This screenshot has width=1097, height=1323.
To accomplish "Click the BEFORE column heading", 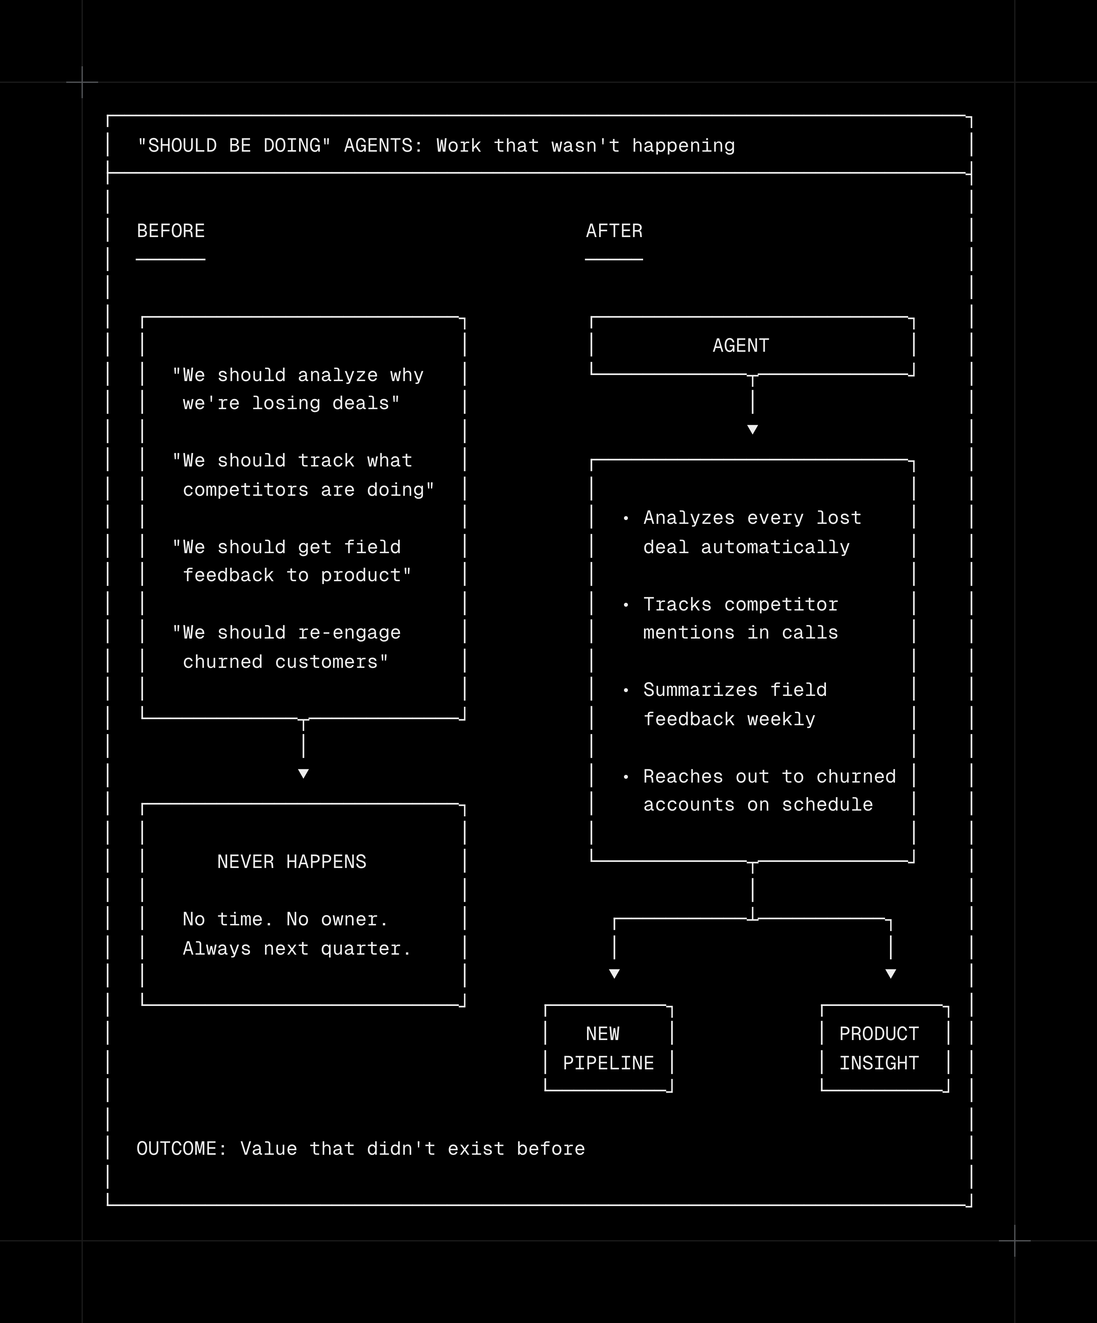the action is tap(171, 231).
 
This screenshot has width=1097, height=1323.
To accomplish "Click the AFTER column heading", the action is tap(614, 231).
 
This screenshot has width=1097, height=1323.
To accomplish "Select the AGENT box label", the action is tap(741, 346).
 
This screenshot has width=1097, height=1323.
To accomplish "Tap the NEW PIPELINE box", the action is tap(608, 1048).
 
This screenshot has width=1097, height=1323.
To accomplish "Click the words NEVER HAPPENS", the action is tap(291, 862).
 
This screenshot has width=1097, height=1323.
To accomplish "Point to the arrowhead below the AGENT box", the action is tap(753, 430).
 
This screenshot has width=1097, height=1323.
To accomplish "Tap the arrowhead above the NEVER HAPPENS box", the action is tap(304, 774).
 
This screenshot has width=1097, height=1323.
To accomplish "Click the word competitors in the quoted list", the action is tap(246, 490).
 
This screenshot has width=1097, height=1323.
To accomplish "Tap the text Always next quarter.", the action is tap(297, 949).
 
